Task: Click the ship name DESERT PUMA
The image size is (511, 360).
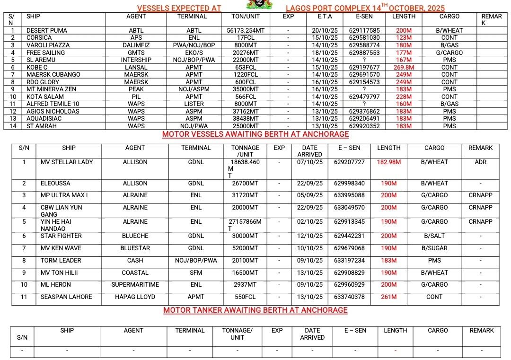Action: pos(46,31)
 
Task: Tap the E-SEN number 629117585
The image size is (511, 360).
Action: pos(364,31)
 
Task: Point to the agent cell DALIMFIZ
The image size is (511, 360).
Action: pos(136,45)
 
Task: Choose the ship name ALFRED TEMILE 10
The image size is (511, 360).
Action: pos(53,104)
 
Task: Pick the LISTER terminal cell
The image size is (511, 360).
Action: pos(194,104)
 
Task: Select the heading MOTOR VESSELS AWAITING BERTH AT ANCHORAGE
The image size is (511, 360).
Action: pos(255,134)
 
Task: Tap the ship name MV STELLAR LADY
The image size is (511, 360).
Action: pos(67,162)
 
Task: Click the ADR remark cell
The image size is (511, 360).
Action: pos(480,162)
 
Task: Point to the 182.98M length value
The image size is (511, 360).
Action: pos(389,162)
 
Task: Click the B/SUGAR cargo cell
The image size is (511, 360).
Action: pos(434,248)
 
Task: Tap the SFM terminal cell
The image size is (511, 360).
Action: pos(196,273)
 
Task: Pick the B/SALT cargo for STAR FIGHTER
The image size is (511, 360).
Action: pos(434,236)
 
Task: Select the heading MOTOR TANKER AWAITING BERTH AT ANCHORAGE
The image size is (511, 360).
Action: pos(255,310)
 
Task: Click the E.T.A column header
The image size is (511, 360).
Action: pos(325,17)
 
